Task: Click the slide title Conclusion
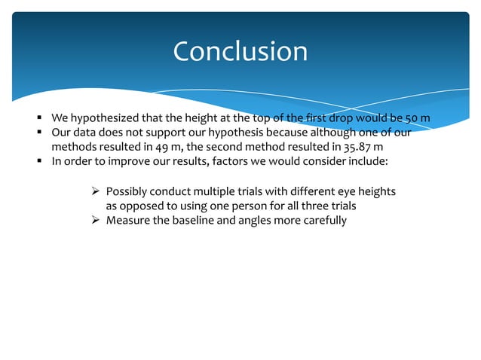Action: pyautogui.click(x=240, y=51)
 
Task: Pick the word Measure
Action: pyautogui.click(x=127, y=220)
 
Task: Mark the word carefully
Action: pyautogui.click(x=324, y=220)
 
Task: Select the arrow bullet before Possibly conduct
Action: pyautogui.click(x=95, y=193)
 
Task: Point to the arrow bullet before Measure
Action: pyautogui.click(x=95, y=220)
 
